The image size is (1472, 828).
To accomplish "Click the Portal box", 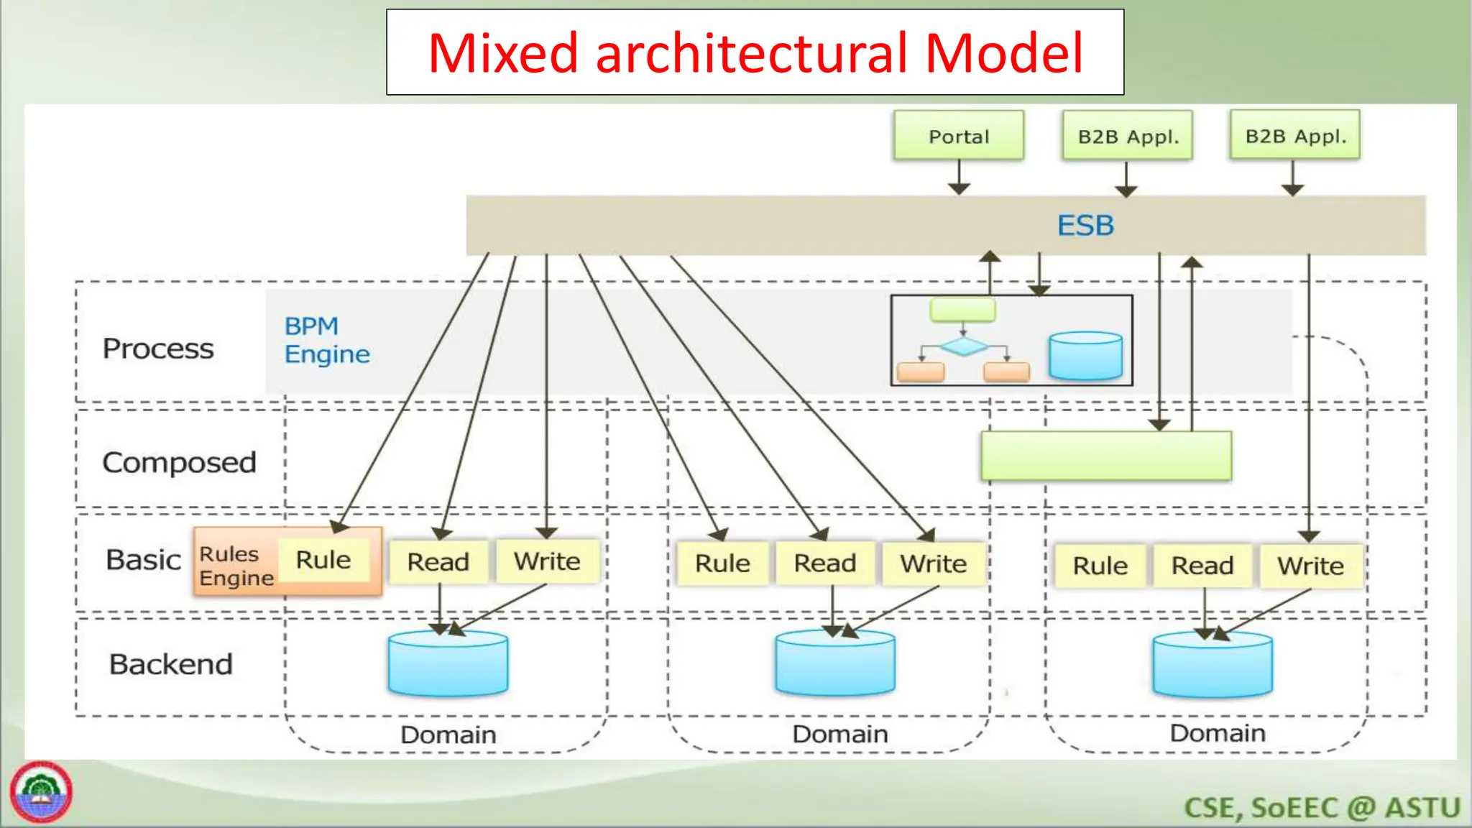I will click(958, 136).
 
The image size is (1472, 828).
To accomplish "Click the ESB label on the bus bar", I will click(1085, 226).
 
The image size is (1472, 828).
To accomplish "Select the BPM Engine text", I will click(326, 340).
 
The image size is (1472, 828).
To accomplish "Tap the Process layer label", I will click(158, 349).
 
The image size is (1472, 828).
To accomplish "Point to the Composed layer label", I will click(179, 462).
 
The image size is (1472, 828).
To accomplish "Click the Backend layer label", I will click(170, 664).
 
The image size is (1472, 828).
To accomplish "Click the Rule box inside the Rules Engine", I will click(323, 560).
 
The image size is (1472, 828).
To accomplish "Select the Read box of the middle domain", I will click(824, 563).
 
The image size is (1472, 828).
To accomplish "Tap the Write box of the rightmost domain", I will click(1310, 566).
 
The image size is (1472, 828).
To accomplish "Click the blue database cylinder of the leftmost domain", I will click(448, 664).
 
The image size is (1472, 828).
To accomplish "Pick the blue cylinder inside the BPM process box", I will click(1085, 356).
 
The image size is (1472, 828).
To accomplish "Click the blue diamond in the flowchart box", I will click(964, 347).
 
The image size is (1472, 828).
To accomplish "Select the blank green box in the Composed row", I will click(1105, 456).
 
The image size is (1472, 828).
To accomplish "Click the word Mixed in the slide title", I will click(502, 53).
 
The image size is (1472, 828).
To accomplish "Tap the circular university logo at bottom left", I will click(41, 792).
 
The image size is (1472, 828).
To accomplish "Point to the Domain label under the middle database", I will click(839, 734).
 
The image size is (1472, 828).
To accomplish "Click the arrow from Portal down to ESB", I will click(959, 177).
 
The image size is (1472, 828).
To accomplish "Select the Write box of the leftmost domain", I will click(547, 561).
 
